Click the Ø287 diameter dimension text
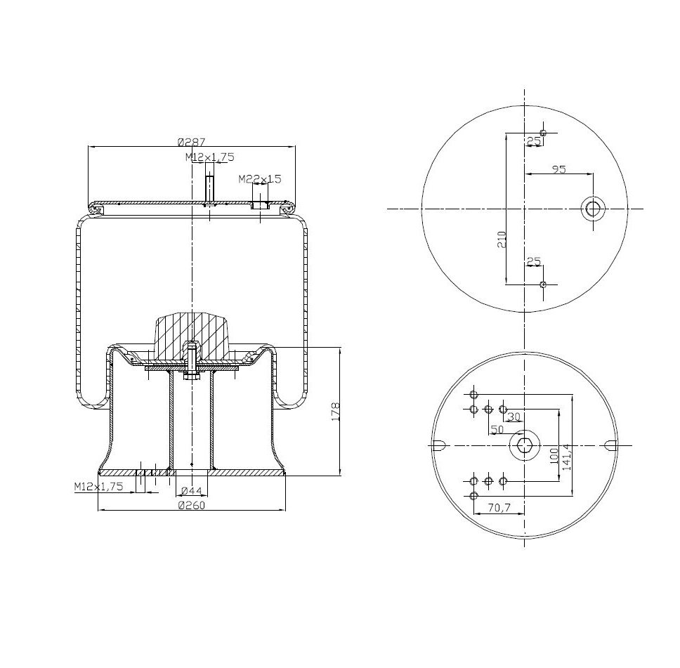pyautogui.click(x=191, y=140)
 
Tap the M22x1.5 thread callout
pyautogui.click(x=259, y=179)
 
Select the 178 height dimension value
pyautogui.click(x=335, y=411)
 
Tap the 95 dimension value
pyautogui.click(x=559, y=169)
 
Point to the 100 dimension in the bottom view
pyautogui.click(x=554, y=455)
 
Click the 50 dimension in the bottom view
pyautogui.click(x=497, y=428)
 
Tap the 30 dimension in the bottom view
pyautogui.click(x=514, y=417)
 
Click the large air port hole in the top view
pyautogui.click(x=593, y=208)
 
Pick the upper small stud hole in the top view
pyautogui.click(x=543, y=133)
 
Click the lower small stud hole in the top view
pyautogui.click(x=543, y=284)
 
